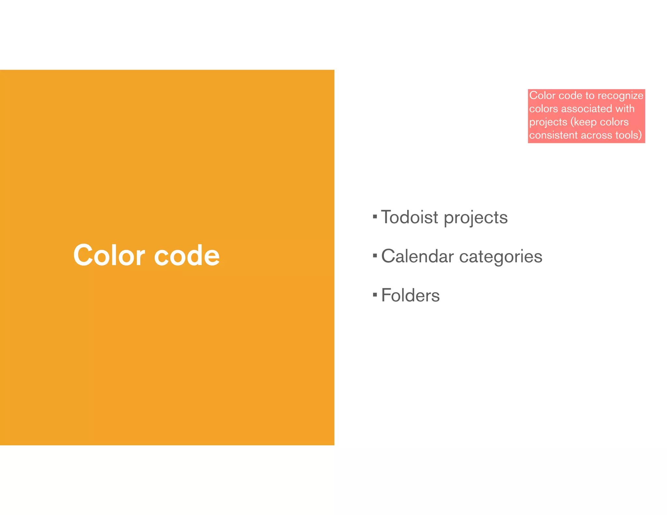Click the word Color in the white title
(109, 255)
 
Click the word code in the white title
(187, 255)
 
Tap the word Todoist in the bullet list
(409, 217)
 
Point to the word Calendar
(417, 256)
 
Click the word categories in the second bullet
(501, 257)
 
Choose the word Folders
(410, 295)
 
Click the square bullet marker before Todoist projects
(375, 216)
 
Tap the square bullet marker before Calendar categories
(375, 255)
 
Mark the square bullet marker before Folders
(375, 295)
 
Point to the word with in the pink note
(625, 108)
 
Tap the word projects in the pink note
(548, 122)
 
